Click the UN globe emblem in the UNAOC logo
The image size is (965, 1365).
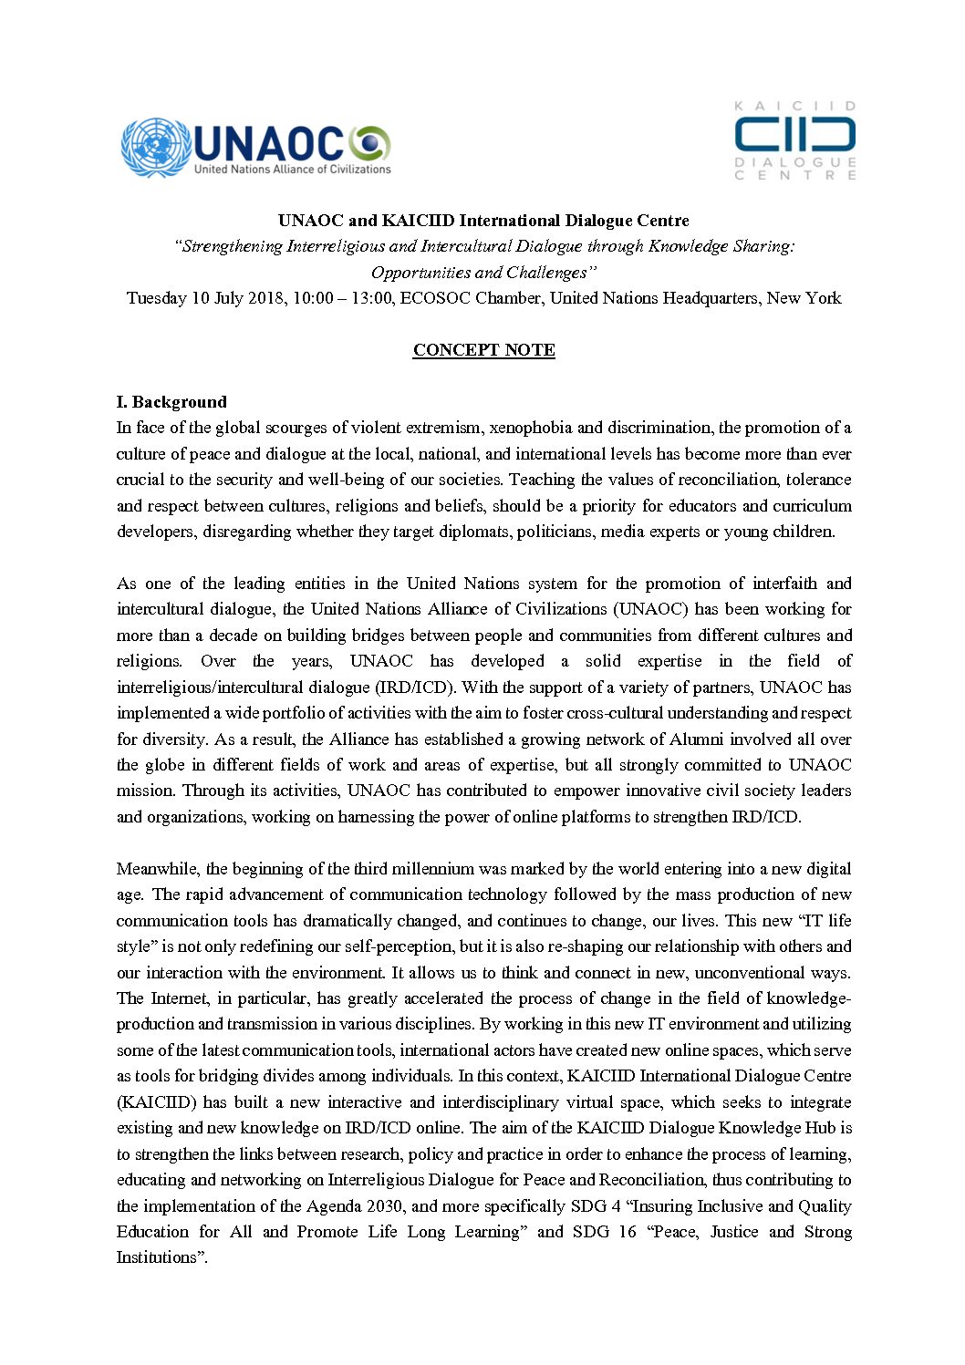(x=156, y=147)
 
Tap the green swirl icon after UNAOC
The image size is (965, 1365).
(x=369, y=143)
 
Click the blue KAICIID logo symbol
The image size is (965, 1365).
(x=794, y=136)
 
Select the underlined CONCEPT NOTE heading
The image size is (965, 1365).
(x=483, y=350)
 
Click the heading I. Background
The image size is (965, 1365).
(x=171, y=402)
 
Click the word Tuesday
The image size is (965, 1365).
(x=156, y=298)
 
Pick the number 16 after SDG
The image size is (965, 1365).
(x=626, y=1232)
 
